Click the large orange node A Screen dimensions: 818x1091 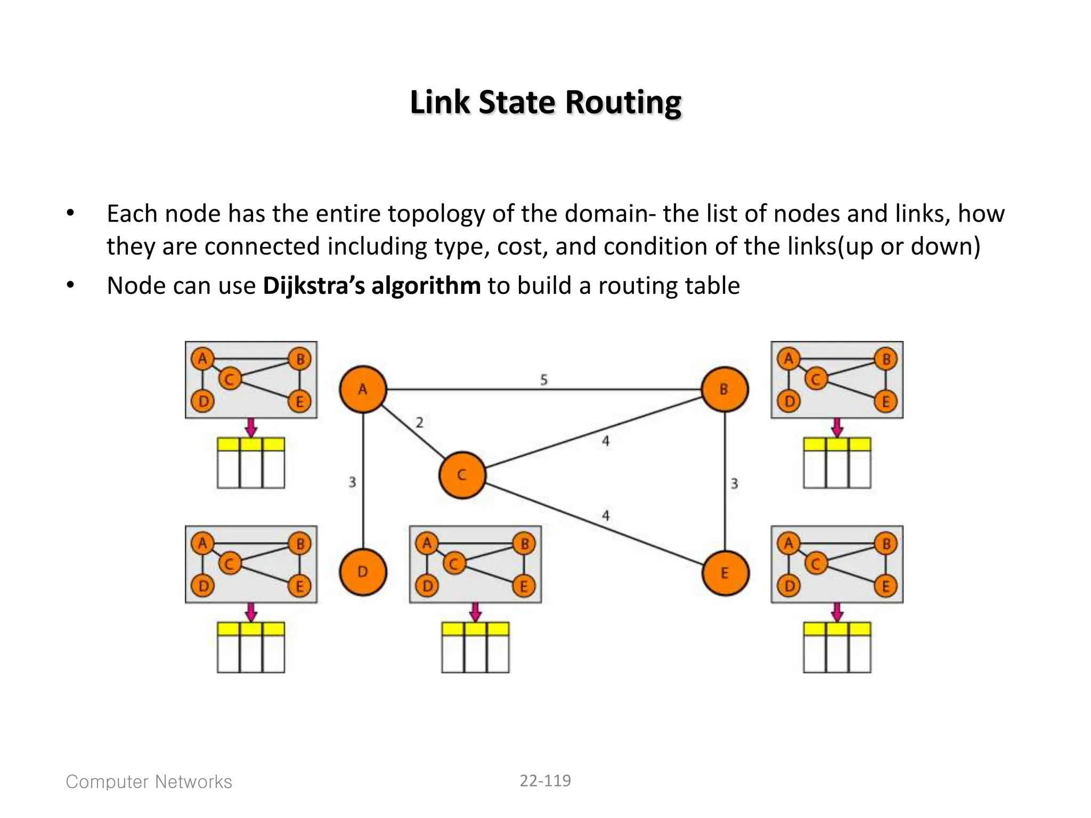click(x=363, y=389)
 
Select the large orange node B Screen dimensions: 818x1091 click(x=724, y=389)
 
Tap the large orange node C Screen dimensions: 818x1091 click(x=462, y=475)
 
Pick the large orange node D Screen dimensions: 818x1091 click(x=363, y=572)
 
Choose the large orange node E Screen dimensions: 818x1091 click(x=725, y=573)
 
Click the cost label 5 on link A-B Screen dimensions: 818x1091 click(x=544, y=380)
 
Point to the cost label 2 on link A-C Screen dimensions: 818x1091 click(x=420, y=423)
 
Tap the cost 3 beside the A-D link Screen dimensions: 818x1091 click(x=352, y=482)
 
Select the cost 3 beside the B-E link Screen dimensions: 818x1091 click(x=734, y=484)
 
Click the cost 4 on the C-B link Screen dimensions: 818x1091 click(x=606, y=441)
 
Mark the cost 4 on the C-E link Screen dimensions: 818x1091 click(x=606, y=516)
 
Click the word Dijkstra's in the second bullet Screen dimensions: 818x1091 click(x=313, y=286)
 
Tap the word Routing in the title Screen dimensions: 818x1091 click(x=623, y=102)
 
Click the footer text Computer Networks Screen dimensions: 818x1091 click(x=149, y=782)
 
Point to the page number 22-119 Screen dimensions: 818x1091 click(x=545, y=781)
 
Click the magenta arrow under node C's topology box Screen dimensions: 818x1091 click(x=476, y=612)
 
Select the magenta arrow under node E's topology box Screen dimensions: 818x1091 click(x=837, y=612)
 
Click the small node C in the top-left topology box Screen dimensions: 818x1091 click(x=230, y=379)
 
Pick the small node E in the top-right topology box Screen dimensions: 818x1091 click(x=886, y=402)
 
